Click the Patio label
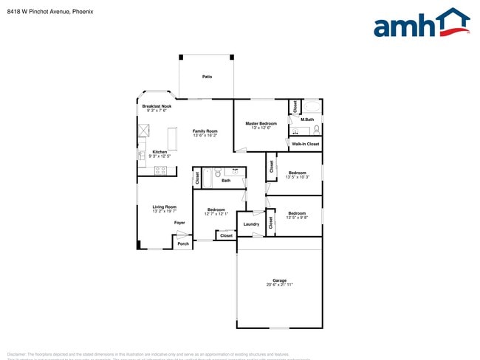pyautogui.click(x=208, y=76)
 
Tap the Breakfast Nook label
pyautogui.click(x=157, y=106)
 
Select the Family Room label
pyautogui.click(x=205, y=131)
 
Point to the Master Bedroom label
pyautogui.click(x=256, y=123)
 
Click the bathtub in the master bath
pyautogui.click(x=311, y=105)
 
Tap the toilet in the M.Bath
pyautogui.click(x=316, y=129)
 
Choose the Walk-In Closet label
pyautogui.click(x=306, y=144)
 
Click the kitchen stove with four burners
pyautogui.click(x=160, y=170)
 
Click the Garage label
pyautogui.click(x=279, y=280)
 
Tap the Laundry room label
pyautogui.click(x=251, y=224)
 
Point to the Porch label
pyautogui.click(x=183, y=243)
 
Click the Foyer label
pyautogui.click(x=179, y=222)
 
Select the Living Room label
pyautogui.click(x=165, y=207)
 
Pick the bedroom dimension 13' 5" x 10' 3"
pyautogui.click(x=297, y=177)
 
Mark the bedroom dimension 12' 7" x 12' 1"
pyautogui.click(x=216, y=214)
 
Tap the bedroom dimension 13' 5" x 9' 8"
pyautogui.click(x=297, y=218)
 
